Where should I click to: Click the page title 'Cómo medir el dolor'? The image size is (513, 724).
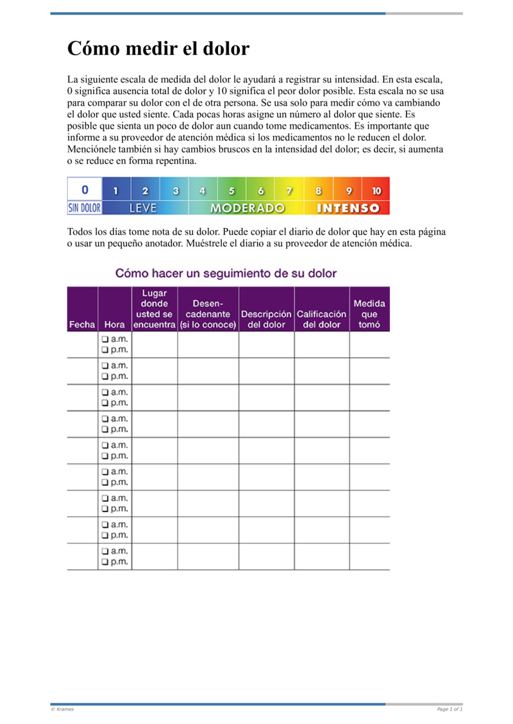click(158, 49)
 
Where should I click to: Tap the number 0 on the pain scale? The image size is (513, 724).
click(85, 190)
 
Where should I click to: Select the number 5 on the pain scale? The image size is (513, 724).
click(231, 190)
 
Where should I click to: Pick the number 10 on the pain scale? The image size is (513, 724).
click(376, 190)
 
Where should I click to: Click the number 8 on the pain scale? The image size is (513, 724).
click(318, 190)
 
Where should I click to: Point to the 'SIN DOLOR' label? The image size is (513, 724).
click(85, 208)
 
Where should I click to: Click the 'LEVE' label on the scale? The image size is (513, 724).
click(144, 208)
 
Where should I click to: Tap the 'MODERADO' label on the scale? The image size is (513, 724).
click(248, 208)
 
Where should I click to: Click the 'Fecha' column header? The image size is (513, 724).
click(82, 325)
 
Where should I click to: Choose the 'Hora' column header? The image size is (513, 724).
click(114, 325)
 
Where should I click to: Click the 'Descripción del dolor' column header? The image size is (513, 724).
click(266, 319)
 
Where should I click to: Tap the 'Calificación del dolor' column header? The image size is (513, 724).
click(321, 319)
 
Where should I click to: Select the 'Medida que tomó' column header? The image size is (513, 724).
click(369, 314)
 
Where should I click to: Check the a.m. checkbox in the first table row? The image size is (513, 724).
click(104, 339)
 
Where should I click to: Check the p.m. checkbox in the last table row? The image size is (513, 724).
click(104, 562)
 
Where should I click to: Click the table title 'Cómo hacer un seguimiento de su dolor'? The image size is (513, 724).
click(226, 273)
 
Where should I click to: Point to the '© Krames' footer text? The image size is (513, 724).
click(62, 709)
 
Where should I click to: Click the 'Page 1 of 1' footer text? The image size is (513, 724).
click(450, 709)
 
